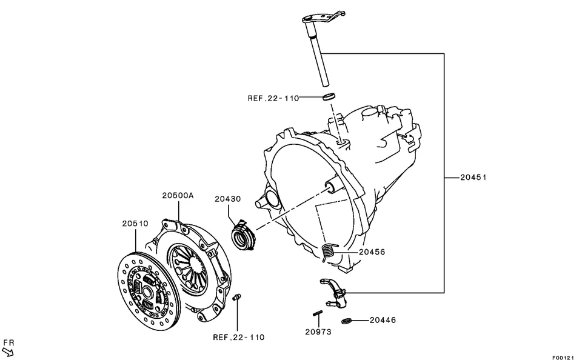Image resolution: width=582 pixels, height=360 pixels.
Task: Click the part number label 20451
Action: [473, 178]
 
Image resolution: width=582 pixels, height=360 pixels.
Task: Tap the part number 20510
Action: [135, 224]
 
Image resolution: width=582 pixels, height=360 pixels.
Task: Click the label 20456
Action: [371, 252]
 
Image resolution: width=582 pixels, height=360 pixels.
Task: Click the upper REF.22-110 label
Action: [273, 98]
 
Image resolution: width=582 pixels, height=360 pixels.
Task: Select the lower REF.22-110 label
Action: [238, 337]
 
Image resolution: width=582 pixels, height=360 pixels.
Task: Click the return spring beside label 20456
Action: [329, 250]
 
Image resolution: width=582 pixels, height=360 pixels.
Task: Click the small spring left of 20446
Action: [347, 321]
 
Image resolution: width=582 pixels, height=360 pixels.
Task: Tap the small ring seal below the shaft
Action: [328, 96]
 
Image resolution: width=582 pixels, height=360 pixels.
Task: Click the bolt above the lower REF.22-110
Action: [238, 297]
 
